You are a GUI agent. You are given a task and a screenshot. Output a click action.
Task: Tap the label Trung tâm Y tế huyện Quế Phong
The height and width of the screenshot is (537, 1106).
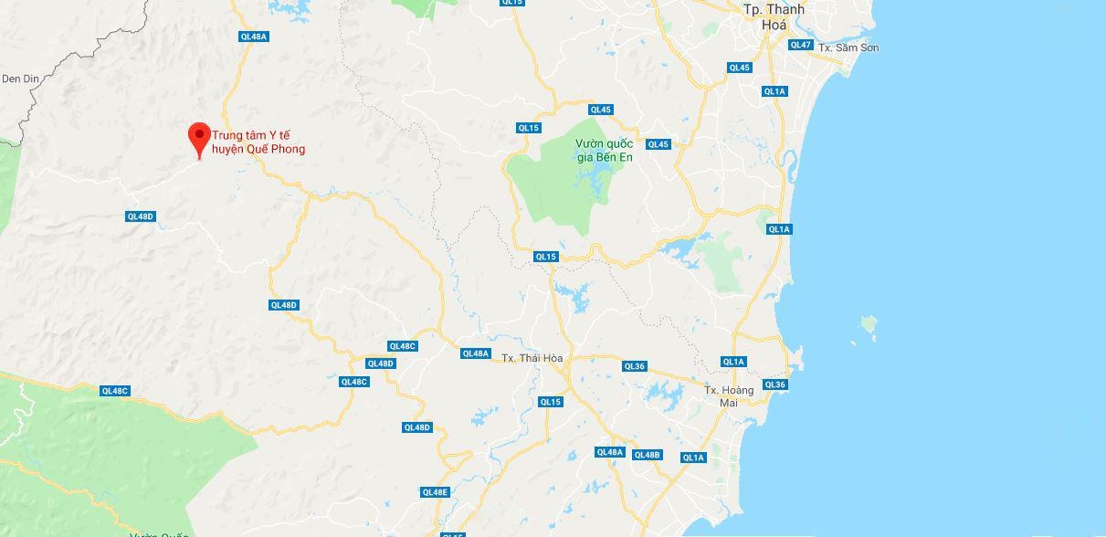[258, 142]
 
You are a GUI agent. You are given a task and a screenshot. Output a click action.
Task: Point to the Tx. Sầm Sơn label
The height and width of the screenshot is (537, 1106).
[848, 47]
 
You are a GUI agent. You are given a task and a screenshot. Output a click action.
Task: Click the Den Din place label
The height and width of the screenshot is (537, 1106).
[20, 79]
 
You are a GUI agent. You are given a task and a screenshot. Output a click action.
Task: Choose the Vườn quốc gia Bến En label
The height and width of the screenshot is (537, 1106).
[604, 150]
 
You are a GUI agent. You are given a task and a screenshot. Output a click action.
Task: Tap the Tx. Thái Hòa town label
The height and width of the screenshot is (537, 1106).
[532, 358]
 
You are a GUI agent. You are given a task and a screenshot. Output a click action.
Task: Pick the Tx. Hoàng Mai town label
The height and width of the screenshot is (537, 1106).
[729, 396]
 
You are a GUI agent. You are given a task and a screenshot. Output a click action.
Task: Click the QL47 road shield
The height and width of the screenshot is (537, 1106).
[800, 45]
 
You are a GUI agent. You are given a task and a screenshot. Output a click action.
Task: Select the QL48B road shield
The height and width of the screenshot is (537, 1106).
[647, 455]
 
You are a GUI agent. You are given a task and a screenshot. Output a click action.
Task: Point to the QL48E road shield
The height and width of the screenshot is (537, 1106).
[436, 492]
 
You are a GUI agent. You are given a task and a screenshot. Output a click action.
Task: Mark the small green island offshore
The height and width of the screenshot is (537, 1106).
[869, 323]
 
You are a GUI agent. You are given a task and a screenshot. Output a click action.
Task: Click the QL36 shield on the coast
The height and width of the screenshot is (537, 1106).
[774, 384]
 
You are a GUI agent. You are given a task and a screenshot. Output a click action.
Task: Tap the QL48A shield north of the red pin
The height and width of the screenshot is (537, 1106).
[253, 37]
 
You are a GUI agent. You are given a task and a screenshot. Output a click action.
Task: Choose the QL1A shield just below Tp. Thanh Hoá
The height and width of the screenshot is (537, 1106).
[774, 91]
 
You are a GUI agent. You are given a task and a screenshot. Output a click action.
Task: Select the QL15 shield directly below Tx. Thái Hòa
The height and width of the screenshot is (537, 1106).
[550, 402]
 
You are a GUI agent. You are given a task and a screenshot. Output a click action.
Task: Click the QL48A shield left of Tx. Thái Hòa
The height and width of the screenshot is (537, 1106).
[476, 353]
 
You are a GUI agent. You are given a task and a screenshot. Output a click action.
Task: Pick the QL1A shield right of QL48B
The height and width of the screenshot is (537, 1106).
[693, 458]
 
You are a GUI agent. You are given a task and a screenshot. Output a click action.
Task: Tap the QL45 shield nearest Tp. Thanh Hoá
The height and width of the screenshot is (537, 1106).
[739, 68]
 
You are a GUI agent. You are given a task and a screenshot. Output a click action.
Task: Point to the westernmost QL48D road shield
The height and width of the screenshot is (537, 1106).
[141, 216]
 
